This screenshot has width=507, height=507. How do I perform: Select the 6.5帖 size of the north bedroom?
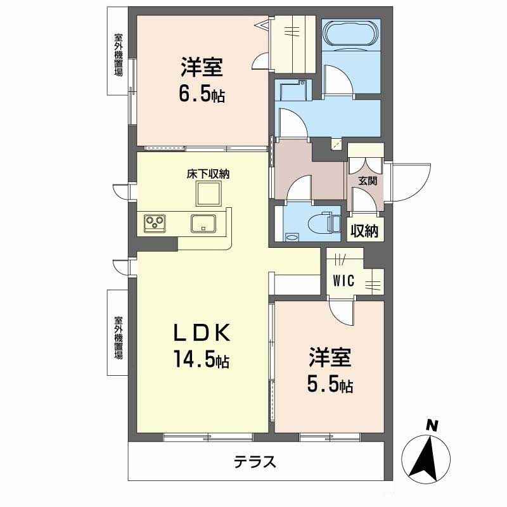[x=202, y=94]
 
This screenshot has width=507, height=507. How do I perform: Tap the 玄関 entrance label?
[x=368, y=181]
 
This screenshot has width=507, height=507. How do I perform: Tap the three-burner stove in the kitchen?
[x=155, y=222]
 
